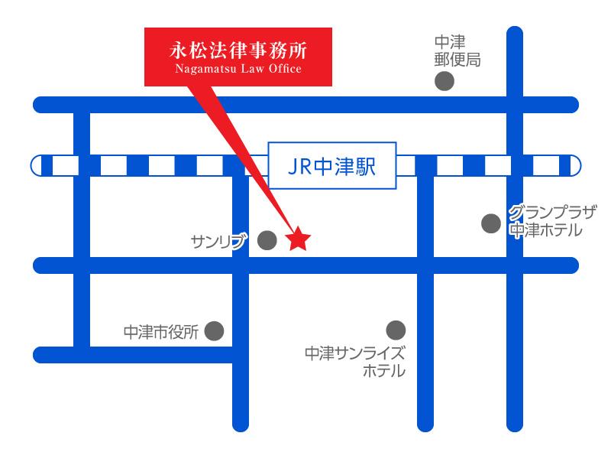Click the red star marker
pyautogui.click(x=298, y=241)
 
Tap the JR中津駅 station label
pyautogui.click(x=332, y=165)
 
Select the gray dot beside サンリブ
pyautogui.click(x=267, y=241)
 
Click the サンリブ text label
pyautogui.click(x=221, y=243)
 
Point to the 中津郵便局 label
pyautogui.click(x=457, y=51)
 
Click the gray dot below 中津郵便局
pyautogui.click(x=444, y=82)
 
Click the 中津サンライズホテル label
pyautogui.click(x=355, y=363)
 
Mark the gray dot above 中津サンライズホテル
pyautogui.click(x=396, y=330)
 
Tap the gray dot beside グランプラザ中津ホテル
pyautogui.click(x=490, y=223)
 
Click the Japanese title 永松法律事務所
pyautogui.click(x=238, y=50)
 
